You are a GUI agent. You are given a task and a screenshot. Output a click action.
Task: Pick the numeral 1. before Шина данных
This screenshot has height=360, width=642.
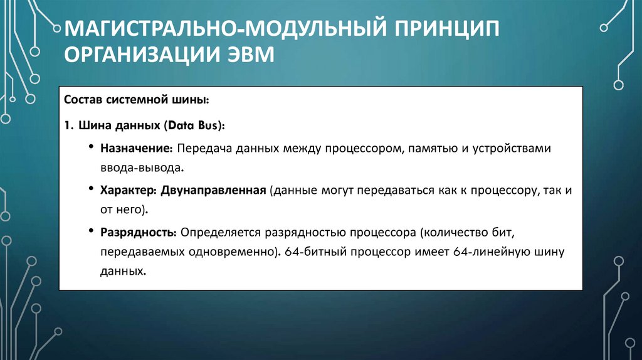coord(68,125)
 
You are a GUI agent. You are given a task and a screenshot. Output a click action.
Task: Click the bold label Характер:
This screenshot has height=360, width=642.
coord(128,190)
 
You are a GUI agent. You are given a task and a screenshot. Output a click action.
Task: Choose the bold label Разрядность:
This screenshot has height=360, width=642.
coord(139,232)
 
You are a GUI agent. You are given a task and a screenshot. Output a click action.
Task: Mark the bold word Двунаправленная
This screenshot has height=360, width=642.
coord(214,190)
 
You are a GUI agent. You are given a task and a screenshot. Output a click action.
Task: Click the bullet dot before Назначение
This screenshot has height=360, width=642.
coord(92,149)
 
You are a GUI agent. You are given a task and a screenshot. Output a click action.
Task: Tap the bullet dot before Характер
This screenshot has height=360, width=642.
coord(92,190)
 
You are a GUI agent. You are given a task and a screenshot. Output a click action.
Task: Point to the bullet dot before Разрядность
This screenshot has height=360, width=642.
coord(92,232)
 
